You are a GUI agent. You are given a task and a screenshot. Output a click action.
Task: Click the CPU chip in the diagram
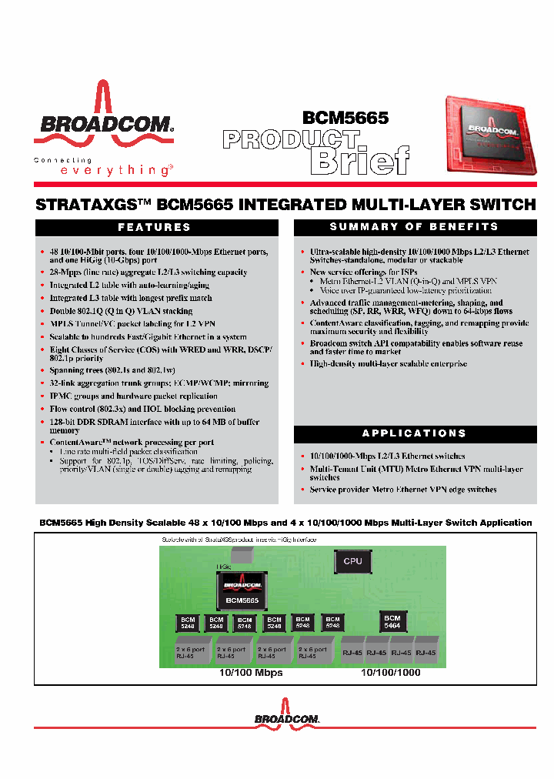pos(352,561)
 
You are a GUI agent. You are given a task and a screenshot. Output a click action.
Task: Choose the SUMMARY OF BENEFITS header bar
pos(414,227)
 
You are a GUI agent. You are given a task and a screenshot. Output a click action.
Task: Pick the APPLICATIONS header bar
pos(414,433)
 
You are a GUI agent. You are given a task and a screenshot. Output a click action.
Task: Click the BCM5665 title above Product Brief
pos(345,118)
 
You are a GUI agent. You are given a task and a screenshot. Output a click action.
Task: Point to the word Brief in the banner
pos(359,159)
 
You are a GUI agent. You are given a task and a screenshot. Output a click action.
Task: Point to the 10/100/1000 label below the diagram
pos(391,673)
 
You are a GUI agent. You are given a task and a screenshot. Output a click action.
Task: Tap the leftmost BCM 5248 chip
pos(188,623)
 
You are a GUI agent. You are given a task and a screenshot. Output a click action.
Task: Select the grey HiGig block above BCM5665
pos(243,553)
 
